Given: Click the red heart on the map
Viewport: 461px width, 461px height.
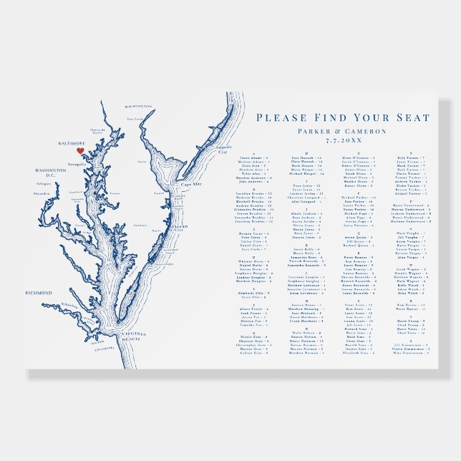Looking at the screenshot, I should point(80,151).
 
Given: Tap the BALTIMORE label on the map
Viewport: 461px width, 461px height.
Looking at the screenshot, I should point(71,143).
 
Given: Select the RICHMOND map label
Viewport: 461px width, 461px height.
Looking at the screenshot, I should point(39,293).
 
